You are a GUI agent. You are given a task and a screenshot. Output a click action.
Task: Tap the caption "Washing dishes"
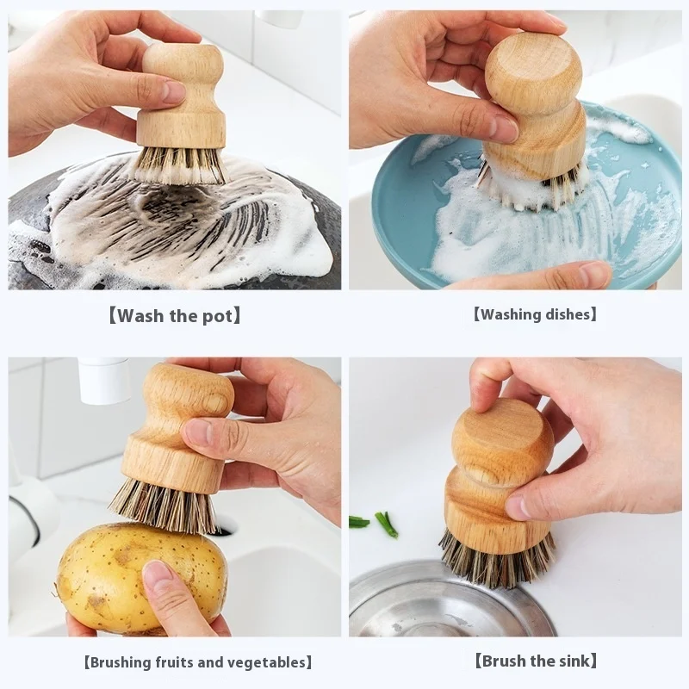pyautogui.click(x=535, y=314)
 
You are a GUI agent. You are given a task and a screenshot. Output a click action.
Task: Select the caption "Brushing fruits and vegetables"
pyautogui.click(x=197, y=662)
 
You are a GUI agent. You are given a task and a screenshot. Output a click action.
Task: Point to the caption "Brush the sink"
pyautogui.click(x=535, y=661)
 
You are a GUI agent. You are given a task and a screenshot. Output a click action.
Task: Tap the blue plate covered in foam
pyautogui.click(x=405, y=207)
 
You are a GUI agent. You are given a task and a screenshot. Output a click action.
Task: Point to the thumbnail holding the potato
pyautogui.click(x=157, y=574)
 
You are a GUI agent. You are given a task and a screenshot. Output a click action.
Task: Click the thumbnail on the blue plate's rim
pyautogui.click(x=594, y=274)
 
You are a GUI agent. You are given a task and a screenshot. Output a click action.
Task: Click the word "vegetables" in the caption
pyautogui.click(x=267, y=662)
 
